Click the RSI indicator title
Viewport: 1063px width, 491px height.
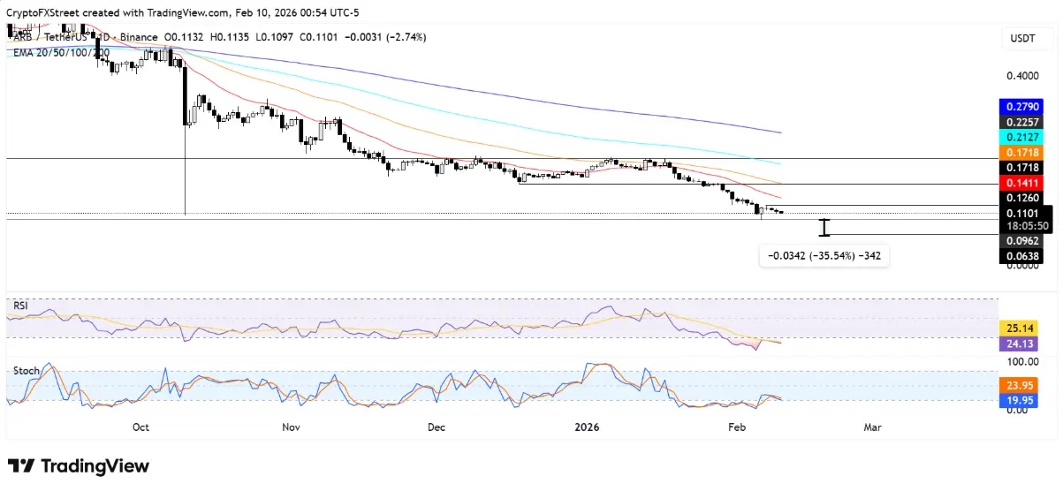[x=21, y=306]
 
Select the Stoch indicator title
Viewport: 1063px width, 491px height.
[x=26, y=371]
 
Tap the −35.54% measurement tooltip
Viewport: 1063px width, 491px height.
[x=824, y=256]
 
